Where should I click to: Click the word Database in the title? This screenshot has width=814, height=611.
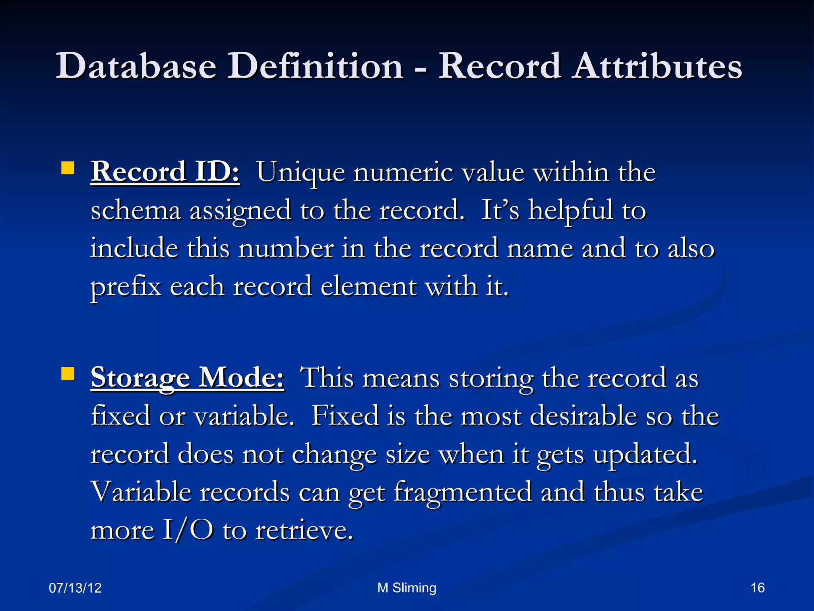(136, 66)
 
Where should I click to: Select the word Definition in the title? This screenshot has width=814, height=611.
(315, 66)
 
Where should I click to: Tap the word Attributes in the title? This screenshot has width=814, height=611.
(658, 66)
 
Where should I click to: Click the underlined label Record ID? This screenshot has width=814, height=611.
(165, 172)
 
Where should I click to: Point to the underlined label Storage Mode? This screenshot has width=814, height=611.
(187, 377)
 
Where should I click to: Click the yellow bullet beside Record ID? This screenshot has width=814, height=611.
(68, 168)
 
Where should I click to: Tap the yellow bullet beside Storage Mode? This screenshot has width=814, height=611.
(68, 374)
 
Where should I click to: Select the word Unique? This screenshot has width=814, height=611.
(300, 173)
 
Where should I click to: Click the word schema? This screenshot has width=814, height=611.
(136, 211)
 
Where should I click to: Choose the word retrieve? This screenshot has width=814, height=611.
(304, 531)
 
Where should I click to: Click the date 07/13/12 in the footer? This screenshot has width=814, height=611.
(75, 588)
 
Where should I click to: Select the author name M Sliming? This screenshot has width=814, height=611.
(407, 588)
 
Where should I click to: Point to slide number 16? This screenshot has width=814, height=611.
(758, 588)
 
